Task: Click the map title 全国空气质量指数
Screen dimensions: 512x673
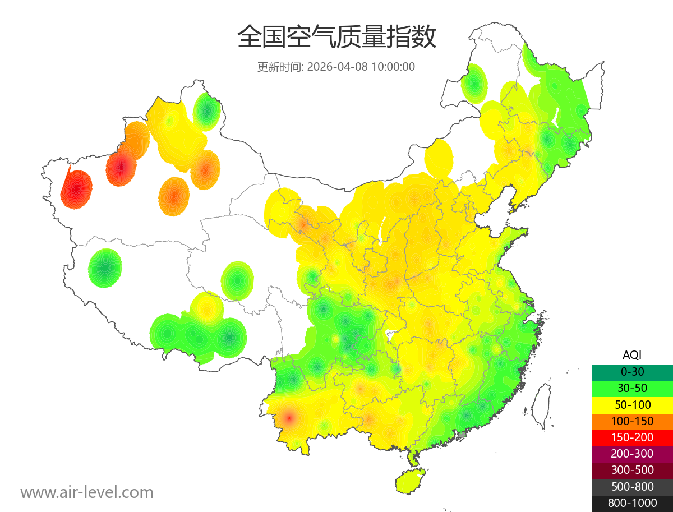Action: click(x=336, y=38)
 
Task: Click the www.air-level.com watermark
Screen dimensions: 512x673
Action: click(x=87, y=492)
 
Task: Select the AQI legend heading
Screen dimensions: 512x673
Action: click(x=632, y=354)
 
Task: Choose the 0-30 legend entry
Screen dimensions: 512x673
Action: click(x=632, y=372)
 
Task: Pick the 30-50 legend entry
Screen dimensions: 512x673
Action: click(x=632, y=388)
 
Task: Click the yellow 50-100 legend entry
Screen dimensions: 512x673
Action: click(x=632, y=404)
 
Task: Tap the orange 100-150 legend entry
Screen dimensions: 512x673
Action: click(x=632, y=421)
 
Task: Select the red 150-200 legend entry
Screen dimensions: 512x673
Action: click(x=632, y=437)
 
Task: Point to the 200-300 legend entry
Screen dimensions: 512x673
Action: click(x=632, y=454)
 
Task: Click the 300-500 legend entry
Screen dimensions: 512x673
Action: click(x=632, y=470)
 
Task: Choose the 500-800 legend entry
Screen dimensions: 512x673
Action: click(x=632, y=487)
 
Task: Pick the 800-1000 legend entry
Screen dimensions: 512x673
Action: click(x=632, y=503)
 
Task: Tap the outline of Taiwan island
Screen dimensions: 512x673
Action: click(x=541, y=405)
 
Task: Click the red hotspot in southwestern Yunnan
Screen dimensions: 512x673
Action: click(x=289, y=418)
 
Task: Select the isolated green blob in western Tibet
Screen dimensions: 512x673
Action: click(x=105, y=268)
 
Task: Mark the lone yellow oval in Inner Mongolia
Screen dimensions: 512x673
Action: click(x=439, y=158)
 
